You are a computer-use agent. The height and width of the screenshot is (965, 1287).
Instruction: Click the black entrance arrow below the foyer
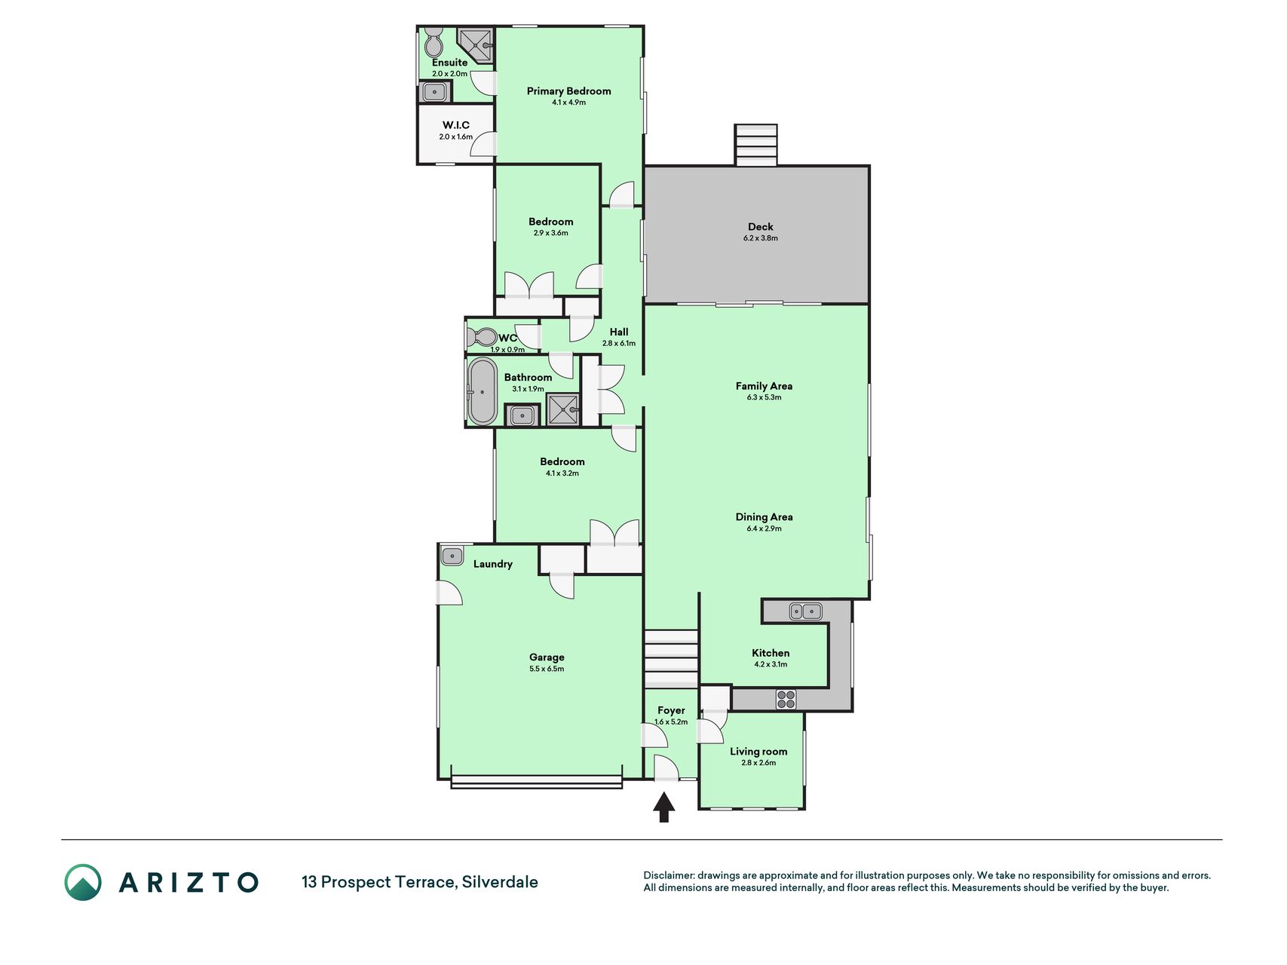[663, 807]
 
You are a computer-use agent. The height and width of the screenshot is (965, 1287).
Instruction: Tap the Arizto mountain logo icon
[82, 882]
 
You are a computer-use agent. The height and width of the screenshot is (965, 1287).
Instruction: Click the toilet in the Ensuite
[434, 42]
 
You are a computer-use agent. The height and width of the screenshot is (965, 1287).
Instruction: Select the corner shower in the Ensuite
[476, 46]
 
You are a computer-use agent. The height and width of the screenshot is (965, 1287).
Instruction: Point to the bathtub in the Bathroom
[483, 391]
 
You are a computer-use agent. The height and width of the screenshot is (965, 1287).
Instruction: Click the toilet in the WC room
[480, 336]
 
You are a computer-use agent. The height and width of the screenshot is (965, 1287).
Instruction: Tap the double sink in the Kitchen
[805, 611]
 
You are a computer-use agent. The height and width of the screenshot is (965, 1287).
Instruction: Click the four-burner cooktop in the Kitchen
[786, 700]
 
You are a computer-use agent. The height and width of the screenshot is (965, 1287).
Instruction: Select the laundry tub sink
[452, 556]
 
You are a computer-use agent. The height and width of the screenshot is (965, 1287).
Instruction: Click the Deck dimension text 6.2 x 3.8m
[760, 238]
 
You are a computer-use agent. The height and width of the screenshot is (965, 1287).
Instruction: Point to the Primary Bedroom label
[568, 91]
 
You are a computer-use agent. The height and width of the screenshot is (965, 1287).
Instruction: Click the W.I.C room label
[455, 125]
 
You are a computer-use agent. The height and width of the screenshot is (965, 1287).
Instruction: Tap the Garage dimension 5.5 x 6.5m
[547, 669]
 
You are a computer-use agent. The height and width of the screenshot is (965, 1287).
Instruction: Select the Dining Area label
[764, 517]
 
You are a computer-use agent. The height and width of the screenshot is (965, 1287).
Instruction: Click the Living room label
[758, 752]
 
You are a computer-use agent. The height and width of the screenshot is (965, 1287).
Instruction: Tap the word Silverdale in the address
[500, 882]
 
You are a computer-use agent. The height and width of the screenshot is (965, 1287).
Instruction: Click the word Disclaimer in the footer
[668, 876]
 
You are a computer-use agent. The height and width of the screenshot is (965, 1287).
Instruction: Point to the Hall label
[619, 332]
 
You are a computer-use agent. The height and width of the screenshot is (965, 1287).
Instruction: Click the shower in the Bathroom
[563, 410]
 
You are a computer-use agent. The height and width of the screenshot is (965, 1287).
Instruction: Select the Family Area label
[764, 386]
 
